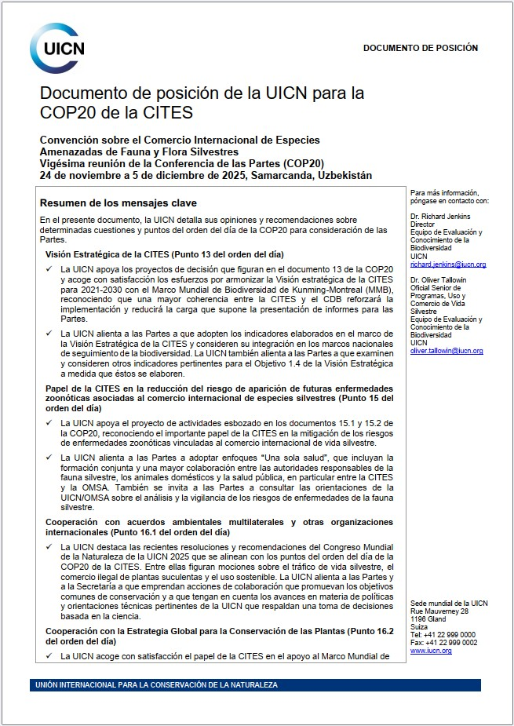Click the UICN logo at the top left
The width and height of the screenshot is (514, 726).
pos(57,49)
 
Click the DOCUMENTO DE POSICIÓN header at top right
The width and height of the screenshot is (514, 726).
pos(420,48)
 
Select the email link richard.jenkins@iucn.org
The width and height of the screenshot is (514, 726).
pos(447,265)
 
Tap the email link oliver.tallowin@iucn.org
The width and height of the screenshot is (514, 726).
pos(446,351)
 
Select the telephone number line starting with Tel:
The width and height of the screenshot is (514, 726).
pos(443,634)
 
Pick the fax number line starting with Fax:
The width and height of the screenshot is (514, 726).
pos(443,643)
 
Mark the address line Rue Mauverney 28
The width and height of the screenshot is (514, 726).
pos(439,611)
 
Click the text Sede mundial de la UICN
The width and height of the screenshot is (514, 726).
pos(449,603)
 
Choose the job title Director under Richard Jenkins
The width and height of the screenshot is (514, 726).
pos(424,224)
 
